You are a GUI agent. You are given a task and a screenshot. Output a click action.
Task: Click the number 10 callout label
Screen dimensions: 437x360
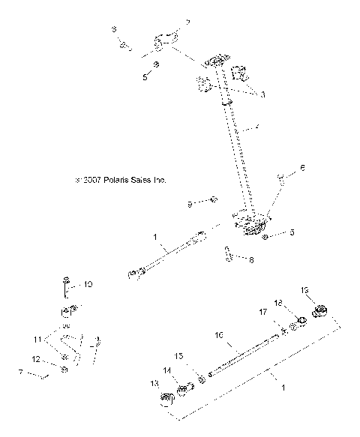pyautogui.click(x=88, y=284)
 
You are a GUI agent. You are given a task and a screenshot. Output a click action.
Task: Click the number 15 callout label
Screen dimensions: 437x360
pyautogui.click(x=178, y=356)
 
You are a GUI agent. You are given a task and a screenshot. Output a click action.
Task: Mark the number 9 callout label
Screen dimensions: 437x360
pyautogui.click(x=190, y=203)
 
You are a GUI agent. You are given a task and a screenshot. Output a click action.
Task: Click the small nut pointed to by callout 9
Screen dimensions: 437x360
pyautogui.click(x=214, y=199)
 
